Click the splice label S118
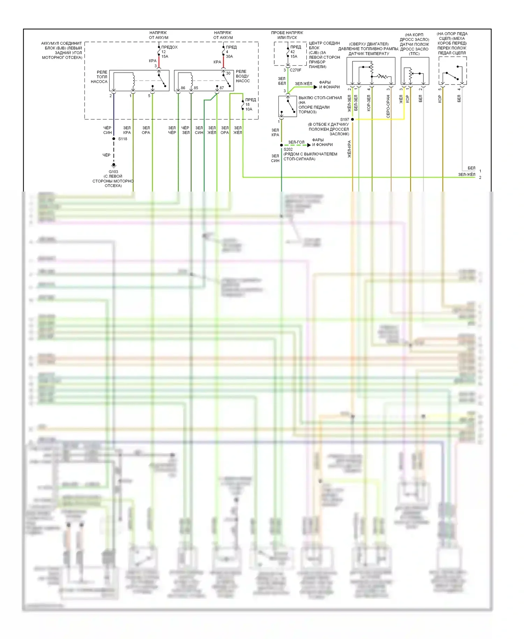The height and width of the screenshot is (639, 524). (x=123, y=139)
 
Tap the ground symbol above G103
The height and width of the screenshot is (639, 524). (x=114, y=165)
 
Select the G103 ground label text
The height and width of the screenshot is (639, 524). (x=113, y=172)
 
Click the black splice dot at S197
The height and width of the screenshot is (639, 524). (x=352, y=119)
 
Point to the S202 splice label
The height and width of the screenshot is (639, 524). (x=288, y=149)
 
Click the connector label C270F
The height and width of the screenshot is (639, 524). (x=296, y=70)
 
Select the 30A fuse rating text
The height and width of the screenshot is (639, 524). (x=229, y=56)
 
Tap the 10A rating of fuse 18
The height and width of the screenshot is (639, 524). (x=248, y=109)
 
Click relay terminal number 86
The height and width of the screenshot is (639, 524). (x=183, y=88)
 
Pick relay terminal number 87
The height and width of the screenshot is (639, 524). (x=221, y=88)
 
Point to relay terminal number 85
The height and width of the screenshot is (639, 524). (x=196, y=88)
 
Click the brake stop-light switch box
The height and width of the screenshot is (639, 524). (x=288, y=106)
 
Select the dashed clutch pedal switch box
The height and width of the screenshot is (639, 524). (x=452, y=71)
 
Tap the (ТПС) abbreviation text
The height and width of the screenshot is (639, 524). (x=414, y=54)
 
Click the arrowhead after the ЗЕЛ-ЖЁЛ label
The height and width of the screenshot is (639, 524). (x=315, y=87)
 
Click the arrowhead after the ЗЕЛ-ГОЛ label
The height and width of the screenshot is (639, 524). (x=309, y=145)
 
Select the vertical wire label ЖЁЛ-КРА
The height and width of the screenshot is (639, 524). (x=349, y=149)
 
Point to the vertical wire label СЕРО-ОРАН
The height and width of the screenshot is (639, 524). (x=388, y=106)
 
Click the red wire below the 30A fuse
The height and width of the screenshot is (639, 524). (x=223, y=63)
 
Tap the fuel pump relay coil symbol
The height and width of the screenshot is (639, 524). (x=133, y=80)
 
